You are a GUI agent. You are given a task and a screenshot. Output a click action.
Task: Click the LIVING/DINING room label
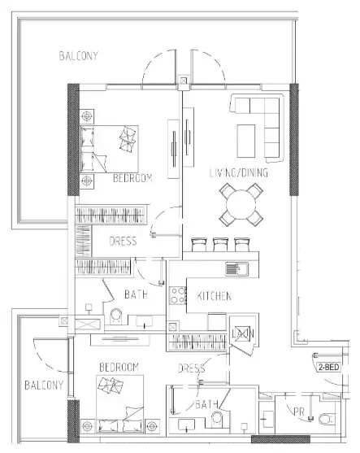tap(239, 173)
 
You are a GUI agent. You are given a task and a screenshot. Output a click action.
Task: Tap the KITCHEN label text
tap(214, 297)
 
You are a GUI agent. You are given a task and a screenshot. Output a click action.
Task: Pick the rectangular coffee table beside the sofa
tap(249, 140)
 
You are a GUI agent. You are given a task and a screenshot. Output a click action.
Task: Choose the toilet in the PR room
tap(326, 419)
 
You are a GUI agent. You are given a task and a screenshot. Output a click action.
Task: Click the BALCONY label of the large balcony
tap(79, 56)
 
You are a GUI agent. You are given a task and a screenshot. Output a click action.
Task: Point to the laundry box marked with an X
tap(239, 333)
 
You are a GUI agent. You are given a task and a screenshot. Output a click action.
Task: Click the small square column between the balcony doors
tap(184, 81)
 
